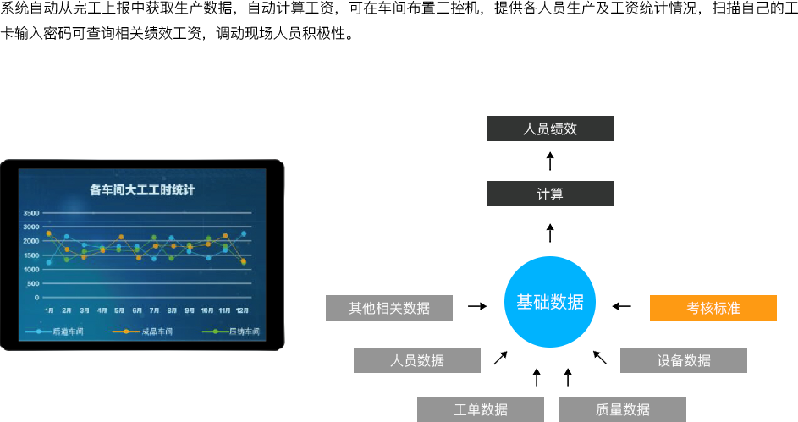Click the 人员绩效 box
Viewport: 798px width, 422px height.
[549, 129]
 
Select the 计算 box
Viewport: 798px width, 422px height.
[549, 194]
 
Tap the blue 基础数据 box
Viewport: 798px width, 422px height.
[549, 301]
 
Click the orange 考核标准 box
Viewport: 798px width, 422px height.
[713, 308]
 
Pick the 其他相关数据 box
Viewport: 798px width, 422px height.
[389, 308]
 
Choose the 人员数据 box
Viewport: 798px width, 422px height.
[416, 360]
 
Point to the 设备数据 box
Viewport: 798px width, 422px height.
[683, 360]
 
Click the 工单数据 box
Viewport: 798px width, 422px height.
[480, 409]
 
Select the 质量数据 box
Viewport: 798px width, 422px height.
[622, 409]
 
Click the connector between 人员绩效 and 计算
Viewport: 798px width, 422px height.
[550, 161]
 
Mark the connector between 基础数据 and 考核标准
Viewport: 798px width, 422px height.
[622, 306]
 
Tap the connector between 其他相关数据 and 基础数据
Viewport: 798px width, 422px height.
[477, 306]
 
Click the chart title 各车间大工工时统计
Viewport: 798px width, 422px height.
[142, 190]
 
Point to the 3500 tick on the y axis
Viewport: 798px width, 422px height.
[30, 213]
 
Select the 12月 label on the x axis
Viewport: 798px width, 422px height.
[242, 310]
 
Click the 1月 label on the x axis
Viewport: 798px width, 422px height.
[49, 310]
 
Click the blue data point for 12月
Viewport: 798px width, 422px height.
[244, 233]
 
